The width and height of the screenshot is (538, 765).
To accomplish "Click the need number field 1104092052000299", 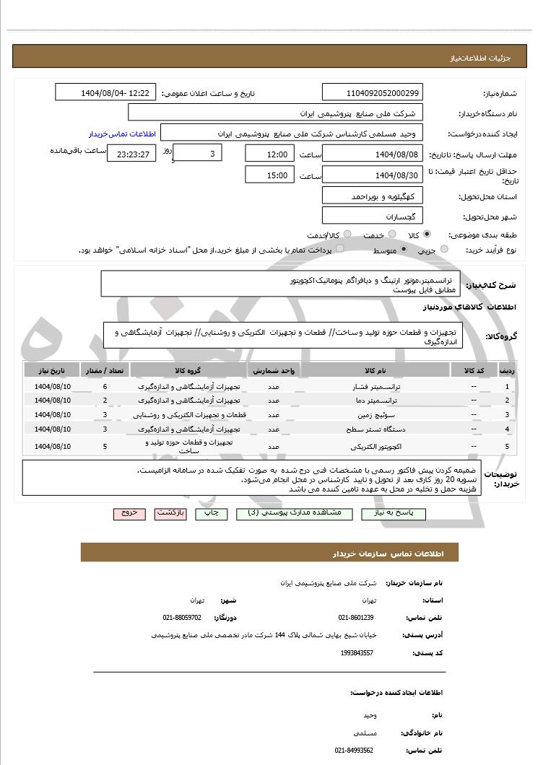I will pos(373,93).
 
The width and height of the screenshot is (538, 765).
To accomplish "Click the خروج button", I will pos(129,513).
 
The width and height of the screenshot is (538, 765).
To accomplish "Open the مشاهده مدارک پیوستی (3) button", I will pos(293,513).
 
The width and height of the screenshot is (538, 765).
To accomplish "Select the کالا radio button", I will pos(427,235).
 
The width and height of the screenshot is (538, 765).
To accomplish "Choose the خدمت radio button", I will pos(392,235).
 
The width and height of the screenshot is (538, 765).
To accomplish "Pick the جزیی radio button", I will pos(444,249).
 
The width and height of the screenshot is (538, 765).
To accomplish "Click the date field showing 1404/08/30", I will pos(373,175).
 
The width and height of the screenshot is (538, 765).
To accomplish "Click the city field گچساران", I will pos(373,216).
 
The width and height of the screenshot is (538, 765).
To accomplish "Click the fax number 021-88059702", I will pos(183,618).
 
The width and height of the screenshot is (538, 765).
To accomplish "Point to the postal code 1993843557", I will pos(357,652).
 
